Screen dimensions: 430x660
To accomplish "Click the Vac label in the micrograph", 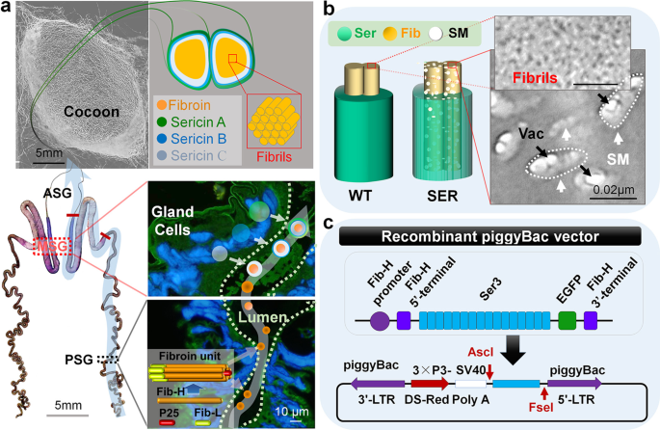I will tap(512, 137).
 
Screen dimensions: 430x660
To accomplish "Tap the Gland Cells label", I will tap(182, 213).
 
